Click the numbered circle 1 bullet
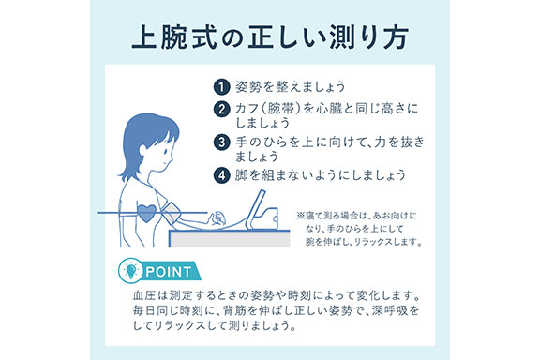(221, 87)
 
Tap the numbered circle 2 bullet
(221, 110)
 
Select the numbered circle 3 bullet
(221, 142)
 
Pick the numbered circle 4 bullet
(221, 175)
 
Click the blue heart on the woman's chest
(146, 213)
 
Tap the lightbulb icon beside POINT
(130, 270)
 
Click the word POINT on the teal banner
(169, 272)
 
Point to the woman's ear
(143, 150)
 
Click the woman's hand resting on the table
(217, 219)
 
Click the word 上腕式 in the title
(174, 37)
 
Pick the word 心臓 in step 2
(329, 109)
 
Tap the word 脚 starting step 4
(242, 175)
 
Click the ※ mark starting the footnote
(301, 216)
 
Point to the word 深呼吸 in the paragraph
(391, 310)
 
